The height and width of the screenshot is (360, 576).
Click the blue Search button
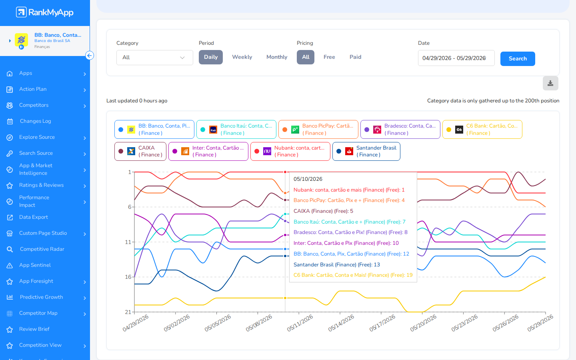tap(517, 59)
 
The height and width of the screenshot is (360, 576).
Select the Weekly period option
tap(242, 57)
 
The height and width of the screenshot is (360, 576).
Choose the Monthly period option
tap(277, 57)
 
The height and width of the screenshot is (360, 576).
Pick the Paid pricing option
tap(355, 57)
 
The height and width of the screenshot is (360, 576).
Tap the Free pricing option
tap(329, 57)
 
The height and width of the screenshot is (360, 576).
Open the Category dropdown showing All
tap(154, 58)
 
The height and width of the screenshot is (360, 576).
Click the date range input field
tap(456, 58)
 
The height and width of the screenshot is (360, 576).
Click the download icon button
tap(550, 83)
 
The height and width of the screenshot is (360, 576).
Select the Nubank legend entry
tap(290, 152)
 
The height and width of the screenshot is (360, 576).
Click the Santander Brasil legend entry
tap(366, 152)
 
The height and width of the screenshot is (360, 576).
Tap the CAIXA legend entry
tap(140, 152)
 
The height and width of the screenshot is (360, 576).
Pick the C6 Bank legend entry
tap(482, 129)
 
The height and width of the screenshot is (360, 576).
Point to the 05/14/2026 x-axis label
tap(341, 323)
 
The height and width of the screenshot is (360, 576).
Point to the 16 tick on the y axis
tap(128, 277)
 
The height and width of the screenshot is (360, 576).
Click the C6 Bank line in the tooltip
tap(353, 275)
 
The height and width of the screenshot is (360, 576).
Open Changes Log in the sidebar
tap(35, 121)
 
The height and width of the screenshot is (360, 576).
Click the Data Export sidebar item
tap(34, 217)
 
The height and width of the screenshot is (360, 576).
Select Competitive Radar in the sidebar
tap(42, 249)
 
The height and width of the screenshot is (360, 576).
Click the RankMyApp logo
tap(45, 12)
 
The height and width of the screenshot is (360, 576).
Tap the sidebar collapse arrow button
tap(90, 56)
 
